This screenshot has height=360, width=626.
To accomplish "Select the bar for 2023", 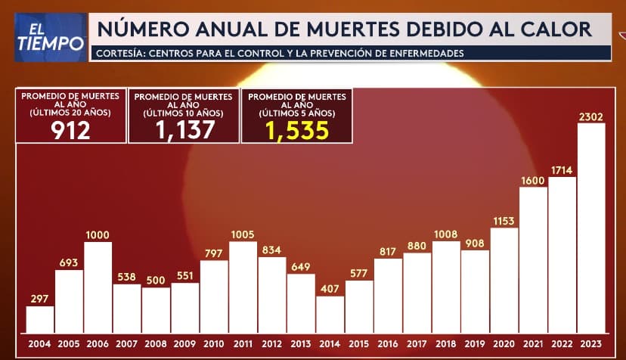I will tap(591, 227).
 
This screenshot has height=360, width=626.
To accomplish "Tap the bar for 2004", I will tap(40, 318).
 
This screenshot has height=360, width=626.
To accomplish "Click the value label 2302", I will tap(591, 116).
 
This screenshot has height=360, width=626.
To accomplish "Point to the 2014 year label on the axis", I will tap(330, 343).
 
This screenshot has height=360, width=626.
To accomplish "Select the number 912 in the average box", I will tap(70, 130).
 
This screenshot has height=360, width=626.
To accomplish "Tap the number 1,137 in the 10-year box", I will tap(184, 130).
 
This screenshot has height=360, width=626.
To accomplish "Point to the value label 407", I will tap(330, 288).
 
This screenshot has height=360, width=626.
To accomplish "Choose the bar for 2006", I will tap(98, 287).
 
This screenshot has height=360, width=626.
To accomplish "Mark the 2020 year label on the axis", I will tap(504, 343).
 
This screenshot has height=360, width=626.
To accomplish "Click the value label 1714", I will tap(562, 170).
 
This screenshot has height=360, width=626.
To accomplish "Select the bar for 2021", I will tap(533, 259).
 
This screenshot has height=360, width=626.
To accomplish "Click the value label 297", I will tap(40, 299).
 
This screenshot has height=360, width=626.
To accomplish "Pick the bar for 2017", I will tap(417, 292).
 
